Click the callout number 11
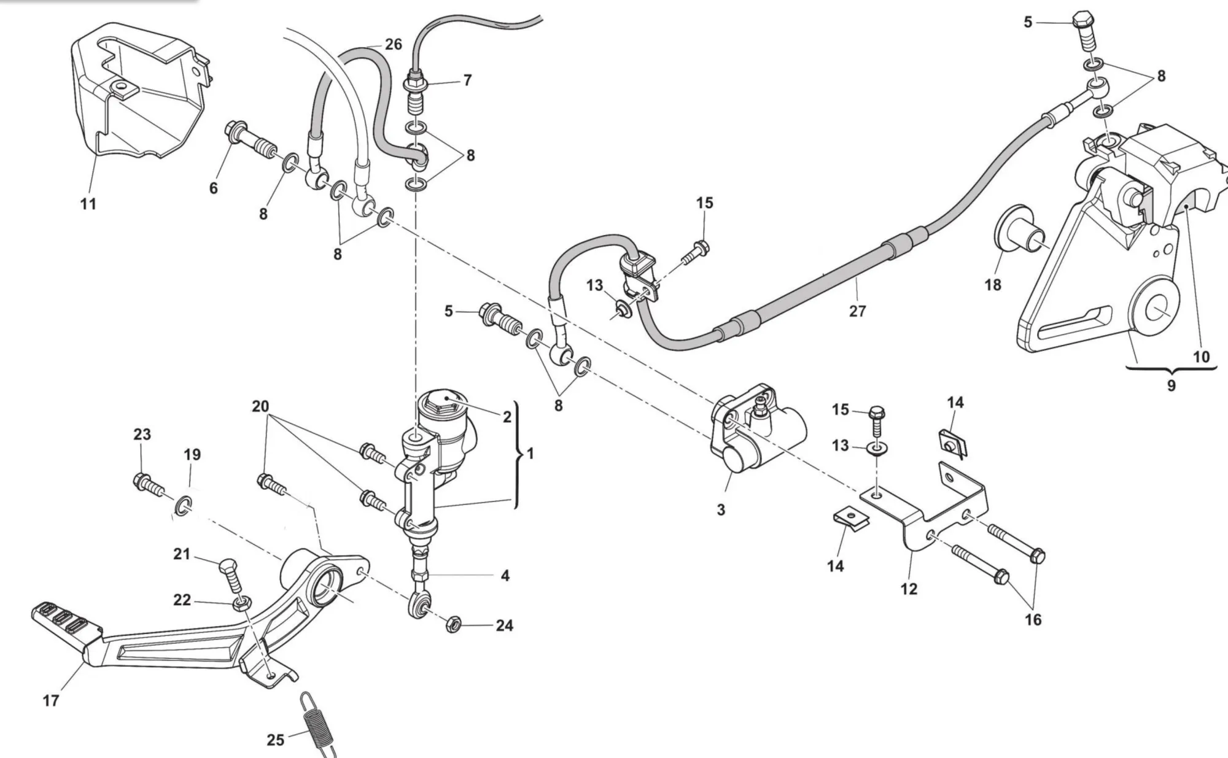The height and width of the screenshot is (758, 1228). coord(88,204)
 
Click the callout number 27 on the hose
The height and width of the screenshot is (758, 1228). coord(857,311)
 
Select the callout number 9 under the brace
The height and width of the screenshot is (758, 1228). coord(1171,386)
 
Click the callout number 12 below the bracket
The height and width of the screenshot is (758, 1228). coord(909,589)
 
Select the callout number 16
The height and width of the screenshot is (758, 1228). coord(1033,620)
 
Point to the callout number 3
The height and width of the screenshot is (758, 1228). coord(721,509)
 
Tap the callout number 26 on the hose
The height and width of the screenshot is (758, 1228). coord(393,44)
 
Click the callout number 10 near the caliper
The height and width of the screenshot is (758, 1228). coord(1200,357)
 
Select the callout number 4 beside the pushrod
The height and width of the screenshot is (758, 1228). coord(505,576)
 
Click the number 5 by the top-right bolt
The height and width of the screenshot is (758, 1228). coord(1028,23)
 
